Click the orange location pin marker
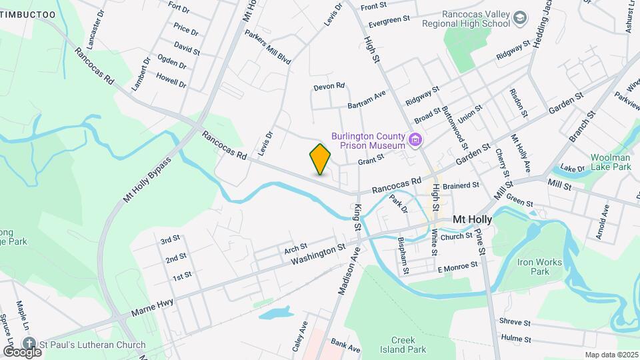tap(320, 159)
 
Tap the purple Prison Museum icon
tap(416, 140)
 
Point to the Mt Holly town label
tap(472, 219)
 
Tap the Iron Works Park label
tap(541, 267)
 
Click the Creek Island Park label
tap(408, 344)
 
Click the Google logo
tap(22, 351)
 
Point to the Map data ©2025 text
tap(611, 355)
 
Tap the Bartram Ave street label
tap(367, 100)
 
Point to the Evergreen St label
tap(389, 21)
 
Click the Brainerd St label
tap(461, 185)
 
